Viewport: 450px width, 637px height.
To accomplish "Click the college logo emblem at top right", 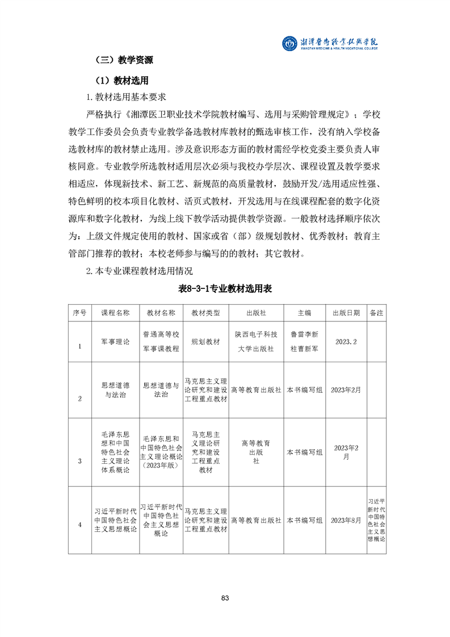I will click(x=291, y=43).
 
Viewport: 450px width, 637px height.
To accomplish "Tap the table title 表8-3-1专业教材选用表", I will click(x=225, y=289).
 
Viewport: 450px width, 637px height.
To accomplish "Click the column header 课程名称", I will click(x=115, y=313).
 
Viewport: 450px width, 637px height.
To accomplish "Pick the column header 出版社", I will click(x=256, y=313).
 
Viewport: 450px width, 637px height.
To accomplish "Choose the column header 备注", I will click(x=376, y=313).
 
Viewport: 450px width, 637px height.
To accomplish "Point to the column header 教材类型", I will click(x=205, y=313).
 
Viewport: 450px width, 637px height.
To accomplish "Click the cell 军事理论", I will click(x=115, y=342).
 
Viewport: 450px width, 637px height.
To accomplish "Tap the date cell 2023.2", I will click(x=346, y=342).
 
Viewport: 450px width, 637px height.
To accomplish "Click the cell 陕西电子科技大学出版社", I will click(x=256, y=342).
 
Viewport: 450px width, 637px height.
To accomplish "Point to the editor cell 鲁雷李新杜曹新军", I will click(x=304, y=342).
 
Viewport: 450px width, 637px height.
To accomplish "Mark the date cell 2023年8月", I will click(x=346, y=520).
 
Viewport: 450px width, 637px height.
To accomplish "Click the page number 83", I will click(x=225, y=598).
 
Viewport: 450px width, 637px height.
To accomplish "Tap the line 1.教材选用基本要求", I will click(x=126, y=97).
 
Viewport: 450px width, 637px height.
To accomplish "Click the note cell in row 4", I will click(x=376, y=520).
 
